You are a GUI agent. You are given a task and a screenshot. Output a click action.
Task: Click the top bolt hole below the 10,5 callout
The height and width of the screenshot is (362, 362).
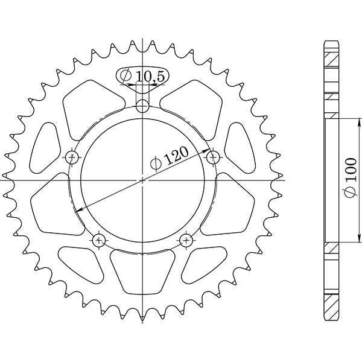coord(142,107)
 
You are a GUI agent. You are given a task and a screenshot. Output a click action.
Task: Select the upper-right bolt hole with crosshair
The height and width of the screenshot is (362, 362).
coord(212,157)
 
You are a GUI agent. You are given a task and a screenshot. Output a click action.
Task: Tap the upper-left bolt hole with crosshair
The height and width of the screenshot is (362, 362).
coord(72,158)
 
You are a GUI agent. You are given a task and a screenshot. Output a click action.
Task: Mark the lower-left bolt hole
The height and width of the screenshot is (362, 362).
coord(100,240)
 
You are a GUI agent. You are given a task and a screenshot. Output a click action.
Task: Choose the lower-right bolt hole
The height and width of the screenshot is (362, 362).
coord(185,240)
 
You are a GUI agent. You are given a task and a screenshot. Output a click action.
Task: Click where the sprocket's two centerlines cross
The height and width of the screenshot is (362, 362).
coord(142,179)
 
